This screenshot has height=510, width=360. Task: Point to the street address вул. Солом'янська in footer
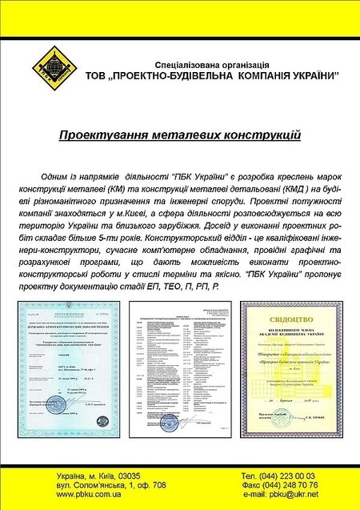[x=88, y=485]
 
